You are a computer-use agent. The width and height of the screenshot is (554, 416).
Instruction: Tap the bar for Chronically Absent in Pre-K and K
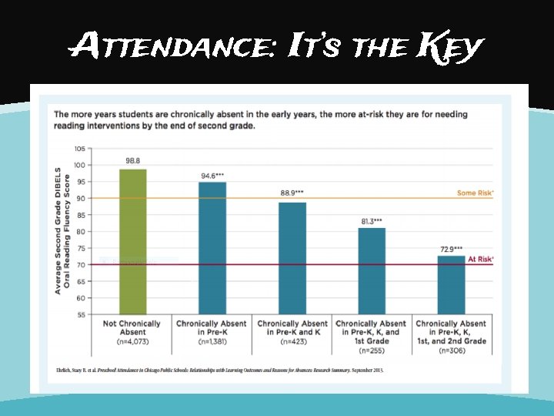tap(292, 257)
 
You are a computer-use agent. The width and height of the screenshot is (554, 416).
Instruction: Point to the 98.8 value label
tap(133, 161)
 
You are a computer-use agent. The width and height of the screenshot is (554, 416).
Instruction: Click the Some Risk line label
tap(475, 193)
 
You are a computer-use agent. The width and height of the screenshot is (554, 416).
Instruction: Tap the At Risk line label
tap(480, 260)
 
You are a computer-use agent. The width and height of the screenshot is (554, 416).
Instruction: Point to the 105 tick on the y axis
tap(80, 149)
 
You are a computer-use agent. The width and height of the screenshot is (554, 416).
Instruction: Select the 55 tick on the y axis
tap(81, 314)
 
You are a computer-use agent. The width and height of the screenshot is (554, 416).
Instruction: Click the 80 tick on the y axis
tap(81, 232)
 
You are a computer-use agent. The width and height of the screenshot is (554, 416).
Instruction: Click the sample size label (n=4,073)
tap(132, 341)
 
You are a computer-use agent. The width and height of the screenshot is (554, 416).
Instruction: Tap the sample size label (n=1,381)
tap(212, 341)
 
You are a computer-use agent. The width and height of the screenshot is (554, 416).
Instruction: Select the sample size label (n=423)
tap(292, 341)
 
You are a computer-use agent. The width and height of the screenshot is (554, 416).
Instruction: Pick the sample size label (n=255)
tap(372, 351)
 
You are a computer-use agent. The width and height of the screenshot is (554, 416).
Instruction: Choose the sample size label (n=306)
tap(452, 351)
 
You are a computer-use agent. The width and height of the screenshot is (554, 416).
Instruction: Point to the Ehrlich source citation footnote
tap(219, 370)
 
